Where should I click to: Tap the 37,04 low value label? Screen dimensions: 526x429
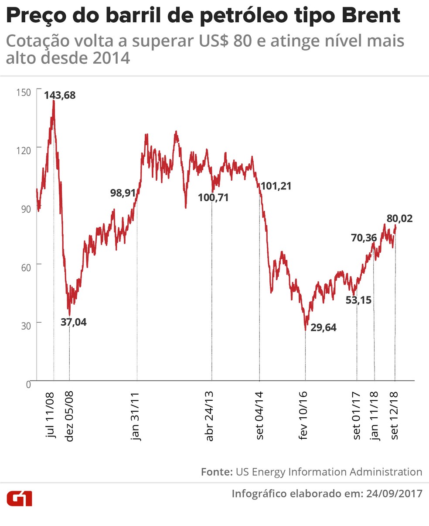(73, 323)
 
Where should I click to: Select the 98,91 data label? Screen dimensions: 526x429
(123, 193)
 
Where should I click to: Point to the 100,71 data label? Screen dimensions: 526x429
(213, 198)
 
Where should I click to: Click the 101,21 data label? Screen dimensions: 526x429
(276, 186)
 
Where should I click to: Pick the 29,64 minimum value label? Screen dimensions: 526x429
(323, 327)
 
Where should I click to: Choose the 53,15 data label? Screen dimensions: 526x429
(358, 300)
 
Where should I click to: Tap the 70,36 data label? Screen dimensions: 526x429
(364, 238)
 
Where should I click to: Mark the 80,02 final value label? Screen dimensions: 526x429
(399, 218)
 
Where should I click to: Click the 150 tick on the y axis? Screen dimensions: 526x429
(24, 92)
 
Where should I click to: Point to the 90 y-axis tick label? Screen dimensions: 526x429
(26, 209)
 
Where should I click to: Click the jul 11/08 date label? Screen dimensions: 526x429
(51, 414)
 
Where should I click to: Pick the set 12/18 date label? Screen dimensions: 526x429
(395, 415)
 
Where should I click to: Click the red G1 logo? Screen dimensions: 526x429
(19, 498)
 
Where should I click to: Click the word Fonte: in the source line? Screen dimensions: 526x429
(216, 472)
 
